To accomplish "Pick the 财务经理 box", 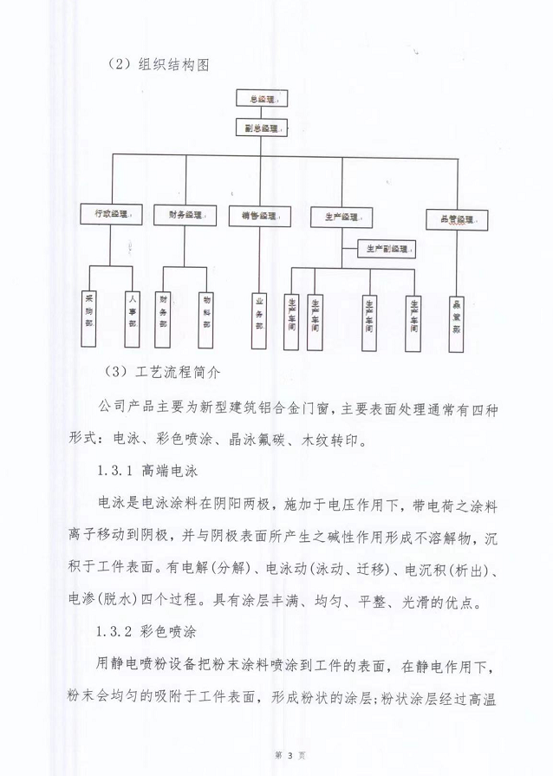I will [183, 214].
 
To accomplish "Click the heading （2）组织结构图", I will [159, 65].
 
